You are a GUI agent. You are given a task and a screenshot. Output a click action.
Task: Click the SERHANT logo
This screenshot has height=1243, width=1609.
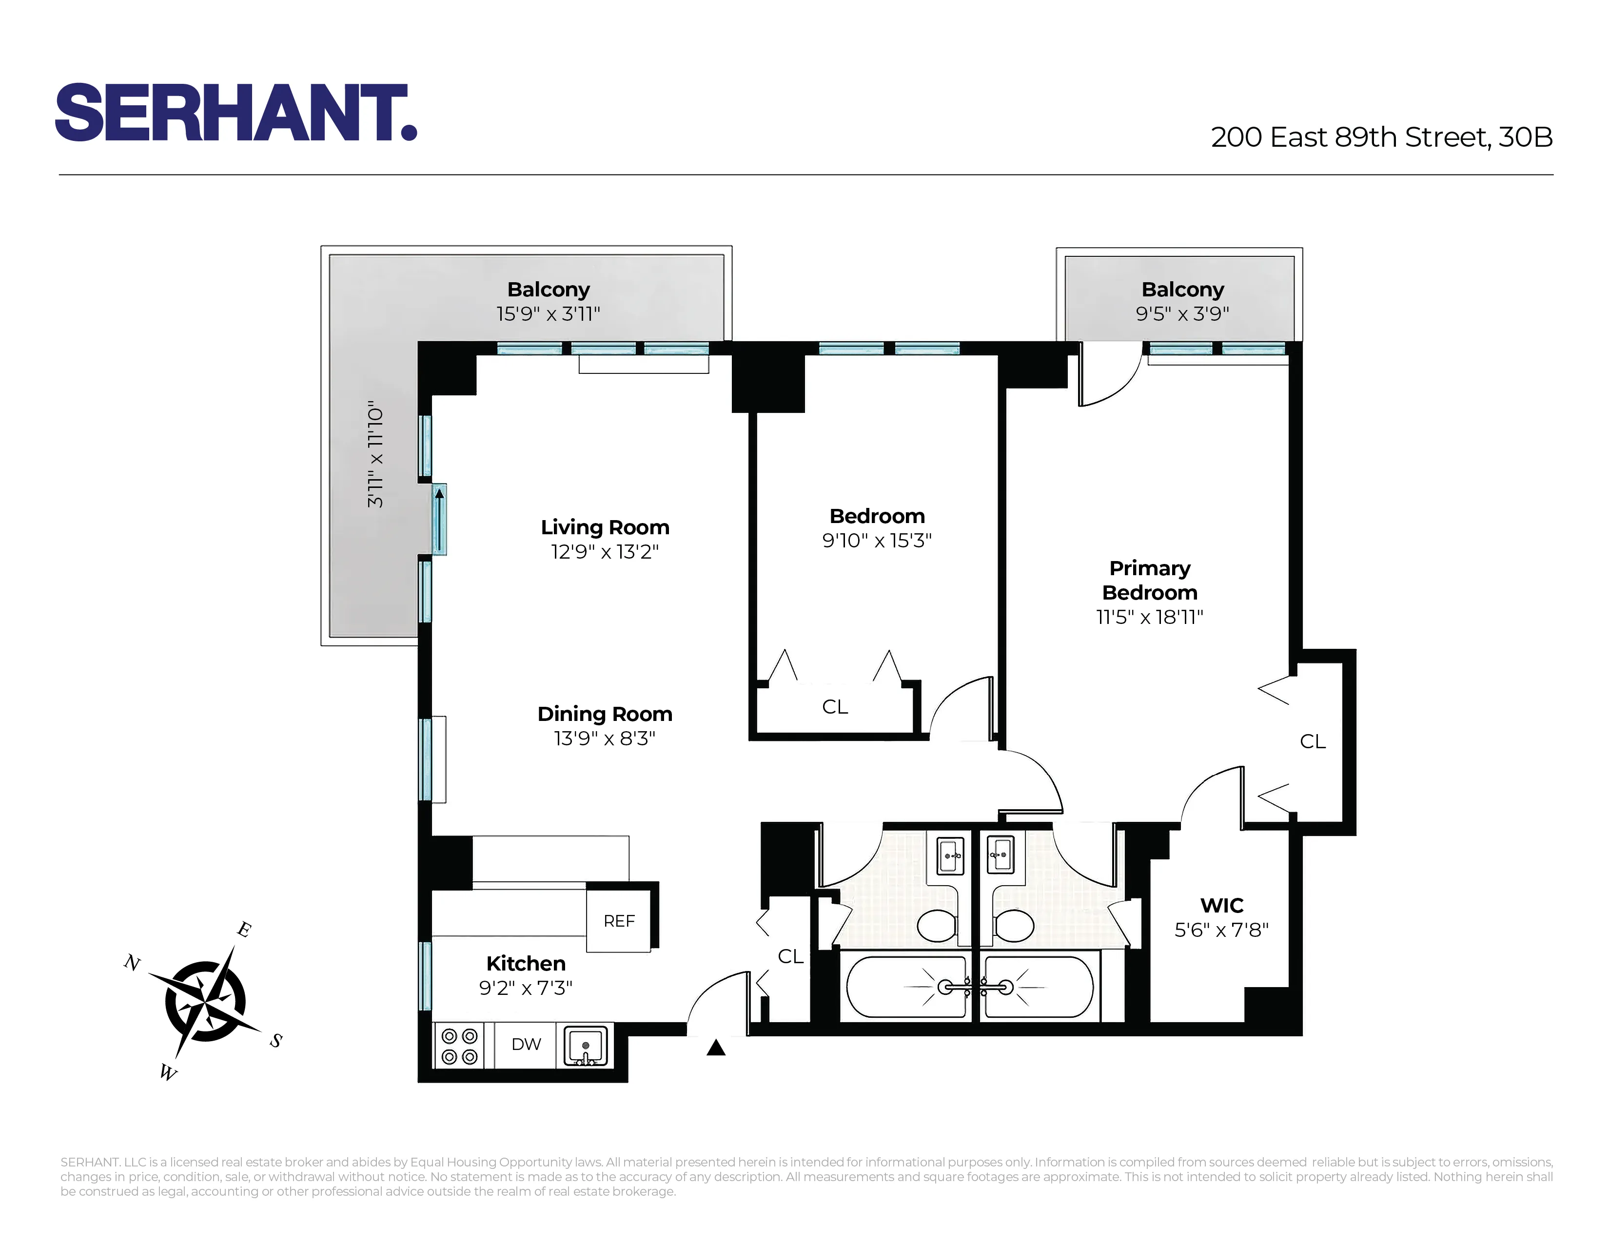(236, 112)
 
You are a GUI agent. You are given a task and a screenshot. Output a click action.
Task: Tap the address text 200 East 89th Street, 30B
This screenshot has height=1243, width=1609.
(1381, 137)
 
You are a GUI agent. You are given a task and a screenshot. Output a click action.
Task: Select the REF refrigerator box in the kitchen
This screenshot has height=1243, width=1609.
(619, 920)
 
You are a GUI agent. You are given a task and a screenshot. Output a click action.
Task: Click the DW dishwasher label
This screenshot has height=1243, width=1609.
(526, 1044)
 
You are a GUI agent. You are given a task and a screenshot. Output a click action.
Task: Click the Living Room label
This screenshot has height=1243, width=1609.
(605, 527)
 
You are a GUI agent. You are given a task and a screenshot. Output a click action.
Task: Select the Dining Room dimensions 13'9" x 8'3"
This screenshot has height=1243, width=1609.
(605, 738)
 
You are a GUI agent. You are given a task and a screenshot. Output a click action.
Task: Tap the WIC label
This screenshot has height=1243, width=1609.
(1221, 905)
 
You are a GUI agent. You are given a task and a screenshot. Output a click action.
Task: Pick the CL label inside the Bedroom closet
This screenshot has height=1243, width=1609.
(835, 707)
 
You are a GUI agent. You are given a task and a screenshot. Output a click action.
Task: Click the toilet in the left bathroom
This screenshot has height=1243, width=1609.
(937, 926)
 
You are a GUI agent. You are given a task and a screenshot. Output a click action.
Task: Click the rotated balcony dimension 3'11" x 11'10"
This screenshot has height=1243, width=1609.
(376, 454)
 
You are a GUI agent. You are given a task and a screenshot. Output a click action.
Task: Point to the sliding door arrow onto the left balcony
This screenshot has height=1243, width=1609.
(439, 519)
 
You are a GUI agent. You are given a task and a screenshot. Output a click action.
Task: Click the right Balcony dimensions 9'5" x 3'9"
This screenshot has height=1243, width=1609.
(1182, 314)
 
